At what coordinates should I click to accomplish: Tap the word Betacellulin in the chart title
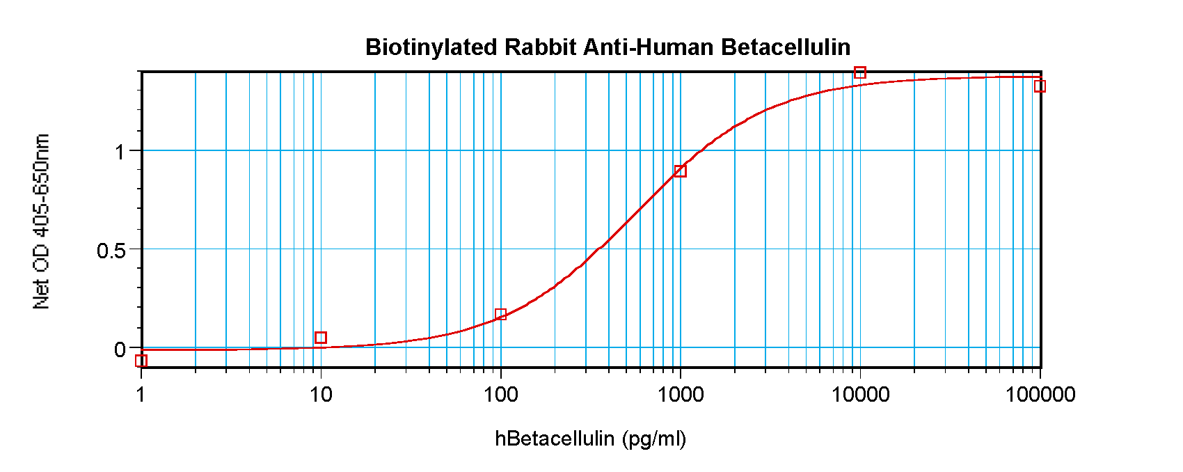coord(786,47)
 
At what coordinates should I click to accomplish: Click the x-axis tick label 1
coord(141,395)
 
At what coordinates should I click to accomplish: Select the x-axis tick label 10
coord(321,395)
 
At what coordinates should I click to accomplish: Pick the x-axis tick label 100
coord(501,395)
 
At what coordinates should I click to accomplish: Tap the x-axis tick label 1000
coord(681,395)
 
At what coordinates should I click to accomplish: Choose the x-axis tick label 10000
coord(860,395)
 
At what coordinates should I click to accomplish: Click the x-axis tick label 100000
coord(1040,395)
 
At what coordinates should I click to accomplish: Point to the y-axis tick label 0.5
coord(111,251)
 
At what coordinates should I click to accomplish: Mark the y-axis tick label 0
coord(120,349)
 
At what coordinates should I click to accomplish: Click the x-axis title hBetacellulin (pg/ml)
coord(590,439)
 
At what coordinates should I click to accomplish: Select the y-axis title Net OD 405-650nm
coord(42,221)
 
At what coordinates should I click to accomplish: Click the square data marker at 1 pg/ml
coord(141,361)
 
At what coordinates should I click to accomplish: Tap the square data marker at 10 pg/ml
coord(321,338)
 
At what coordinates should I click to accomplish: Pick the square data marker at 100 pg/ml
coord(500,315)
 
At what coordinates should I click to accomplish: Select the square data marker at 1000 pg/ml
coord(681,171)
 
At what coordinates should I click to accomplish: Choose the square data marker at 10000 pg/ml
coord(860,73)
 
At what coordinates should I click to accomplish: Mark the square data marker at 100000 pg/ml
coord(1040,86)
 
